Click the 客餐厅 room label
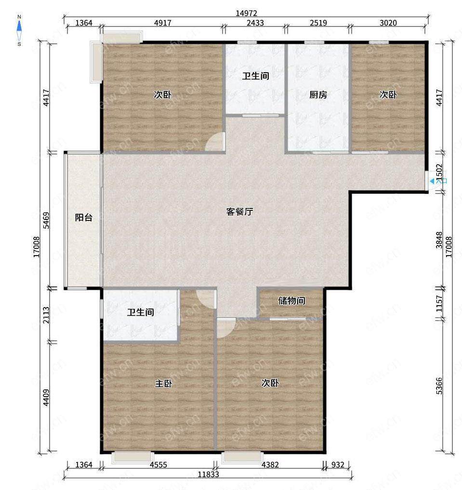(239, 212)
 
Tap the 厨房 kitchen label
(318, 94)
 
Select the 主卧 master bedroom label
(164, 383)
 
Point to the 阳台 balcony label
(83, 217)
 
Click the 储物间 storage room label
(291, 301)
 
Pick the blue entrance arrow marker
(432, 181)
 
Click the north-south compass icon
(19, 30)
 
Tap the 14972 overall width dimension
(246, 13)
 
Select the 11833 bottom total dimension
(208, 475)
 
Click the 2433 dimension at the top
(255, 23)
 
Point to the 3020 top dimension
(388, 23)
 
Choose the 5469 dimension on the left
(46, 220)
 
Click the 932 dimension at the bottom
(338, 464)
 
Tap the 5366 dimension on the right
(439, 386)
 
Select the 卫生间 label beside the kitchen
(255, 76)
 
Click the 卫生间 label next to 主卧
(141, 312)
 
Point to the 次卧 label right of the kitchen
(388, 94)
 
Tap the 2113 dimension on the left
(46, 315)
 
